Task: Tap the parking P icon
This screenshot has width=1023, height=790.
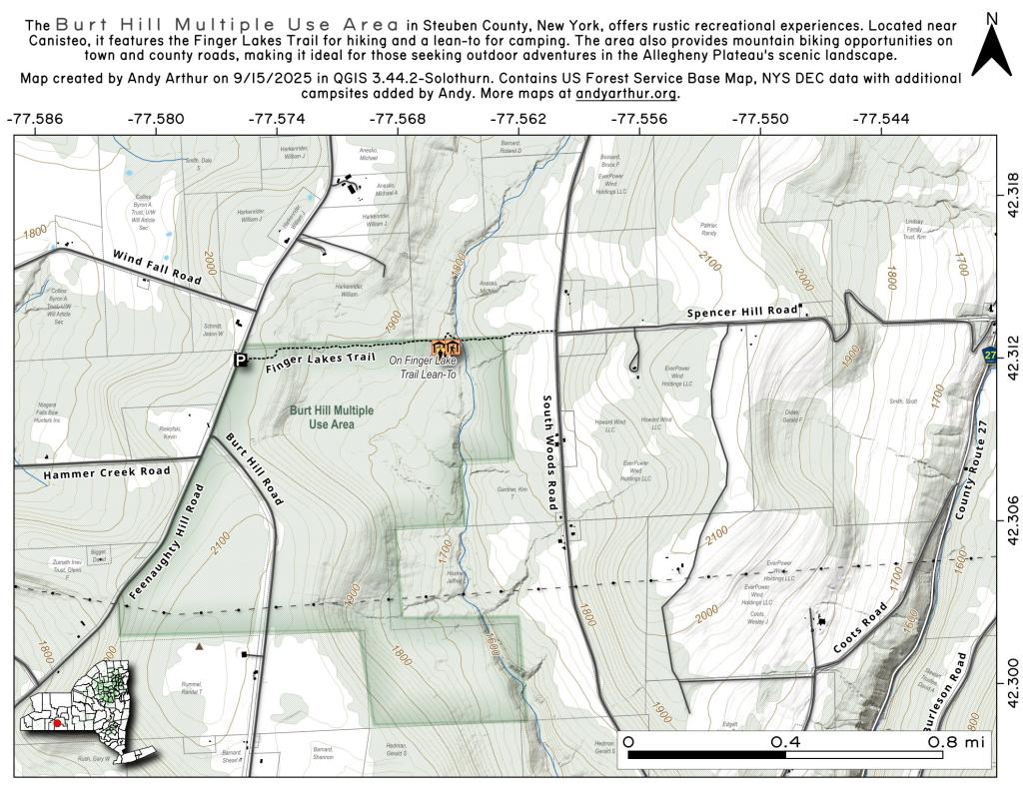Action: click(240, 360)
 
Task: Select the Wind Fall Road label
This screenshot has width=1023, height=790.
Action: click(157, 269)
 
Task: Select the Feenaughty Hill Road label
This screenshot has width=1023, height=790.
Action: click(166, 541)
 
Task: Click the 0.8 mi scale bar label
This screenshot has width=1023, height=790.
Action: click(954, 742)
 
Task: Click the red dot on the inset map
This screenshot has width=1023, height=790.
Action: click(59, 722)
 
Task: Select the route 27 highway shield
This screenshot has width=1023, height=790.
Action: click(989, 356)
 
